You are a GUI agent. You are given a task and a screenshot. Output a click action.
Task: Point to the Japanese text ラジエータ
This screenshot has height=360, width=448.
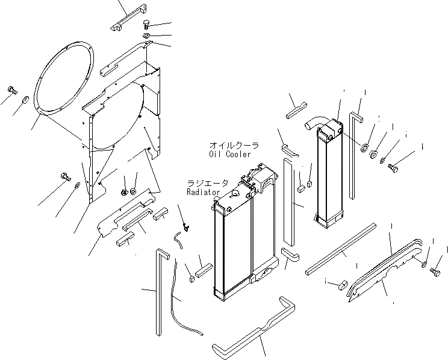[207, 183]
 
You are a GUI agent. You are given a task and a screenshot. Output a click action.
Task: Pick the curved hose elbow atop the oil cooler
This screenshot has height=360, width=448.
[313, 123]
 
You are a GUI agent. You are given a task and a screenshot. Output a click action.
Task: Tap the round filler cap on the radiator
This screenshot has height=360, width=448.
[235, 193]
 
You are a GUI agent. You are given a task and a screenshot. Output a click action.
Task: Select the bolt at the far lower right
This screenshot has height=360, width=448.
[435, 272]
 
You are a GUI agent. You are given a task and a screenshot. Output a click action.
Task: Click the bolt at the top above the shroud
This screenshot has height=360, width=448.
[146, 25]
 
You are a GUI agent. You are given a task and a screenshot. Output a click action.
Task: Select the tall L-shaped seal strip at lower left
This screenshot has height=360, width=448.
[160, 289]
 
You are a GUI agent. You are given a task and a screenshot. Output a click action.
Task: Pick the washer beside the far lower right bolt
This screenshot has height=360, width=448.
[425, 264]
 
